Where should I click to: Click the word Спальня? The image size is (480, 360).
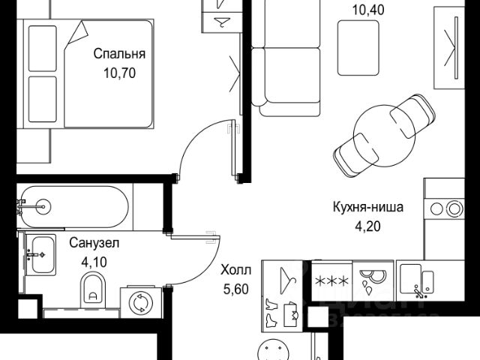point(118,54)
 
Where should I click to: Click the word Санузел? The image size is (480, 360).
point(95,243)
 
